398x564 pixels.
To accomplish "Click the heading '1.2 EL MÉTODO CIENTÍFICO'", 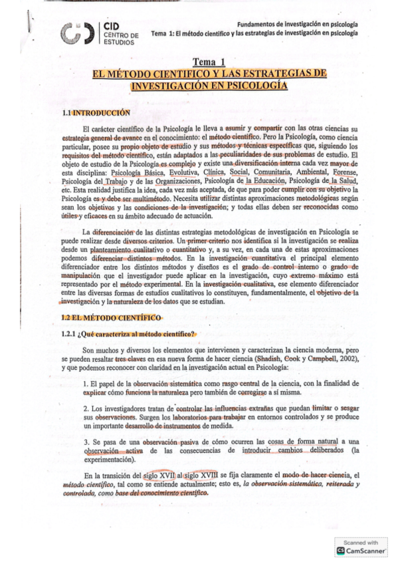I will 108,318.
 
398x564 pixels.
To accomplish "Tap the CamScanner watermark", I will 361,547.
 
